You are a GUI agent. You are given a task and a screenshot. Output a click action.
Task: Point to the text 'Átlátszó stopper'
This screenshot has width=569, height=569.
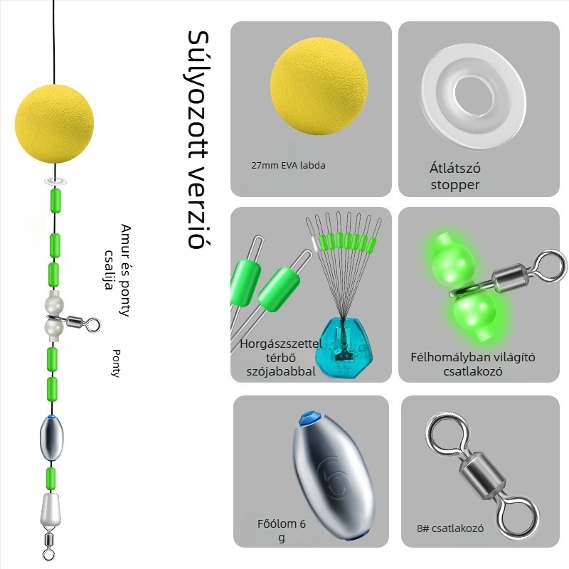pos(454,176)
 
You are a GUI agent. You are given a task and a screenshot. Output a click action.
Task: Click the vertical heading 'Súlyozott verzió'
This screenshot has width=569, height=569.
pos(196,139)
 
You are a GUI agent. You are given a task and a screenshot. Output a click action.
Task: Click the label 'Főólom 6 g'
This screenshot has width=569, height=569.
pos(282,531)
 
